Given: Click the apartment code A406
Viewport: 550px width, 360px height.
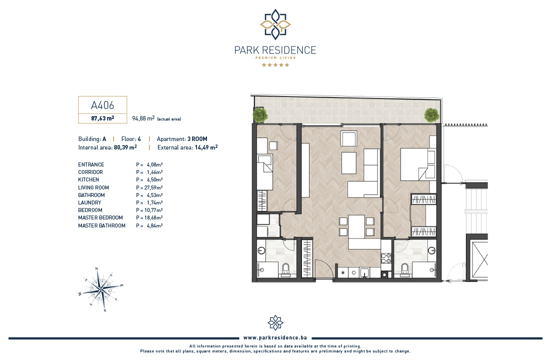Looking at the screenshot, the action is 102,105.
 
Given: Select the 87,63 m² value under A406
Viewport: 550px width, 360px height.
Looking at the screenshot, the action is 102,118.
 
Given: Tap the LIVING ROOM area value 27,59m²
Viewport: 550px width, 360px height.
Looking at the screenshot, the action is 153,187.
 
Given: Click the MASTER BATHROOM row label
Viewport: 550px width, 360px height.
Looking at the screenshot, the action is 101,225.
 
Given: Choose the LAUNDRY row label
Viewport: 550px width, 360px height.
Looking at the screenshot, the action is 89,202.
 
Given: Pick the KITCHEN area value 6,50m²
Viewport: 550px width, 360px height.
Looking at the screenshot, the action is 154,179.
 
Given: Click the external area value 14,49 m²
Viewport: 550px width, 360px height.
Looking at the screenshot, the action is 206,147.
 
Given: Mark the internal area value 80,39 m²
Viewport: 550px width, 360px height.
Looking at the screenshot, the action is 125,147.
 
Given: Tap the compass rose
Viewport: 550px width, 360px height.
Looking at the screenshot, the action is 101,289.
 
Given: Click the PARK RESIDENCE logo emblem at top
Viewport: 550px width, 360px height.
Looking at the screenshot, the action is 275,24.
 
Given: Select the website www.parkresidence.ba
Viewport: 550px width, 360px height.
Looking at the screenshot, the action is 275,337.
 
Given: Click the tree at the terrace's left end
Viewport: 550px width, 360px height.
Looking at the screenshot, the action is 260,114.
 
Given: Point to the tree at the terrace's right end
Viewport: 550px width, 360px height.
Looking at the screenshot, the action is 431,114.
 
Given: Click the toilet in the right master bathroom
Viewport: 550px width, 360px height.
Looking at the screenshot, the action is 405,269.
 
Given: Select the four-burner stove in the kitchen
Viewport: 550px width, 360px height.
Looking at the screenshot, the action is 386,258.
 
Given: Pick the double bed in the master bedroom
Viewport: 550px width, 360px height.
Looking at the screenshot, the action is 418,164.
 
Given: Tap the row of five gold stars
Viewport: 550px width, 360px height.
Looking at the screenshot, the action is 275,65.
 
